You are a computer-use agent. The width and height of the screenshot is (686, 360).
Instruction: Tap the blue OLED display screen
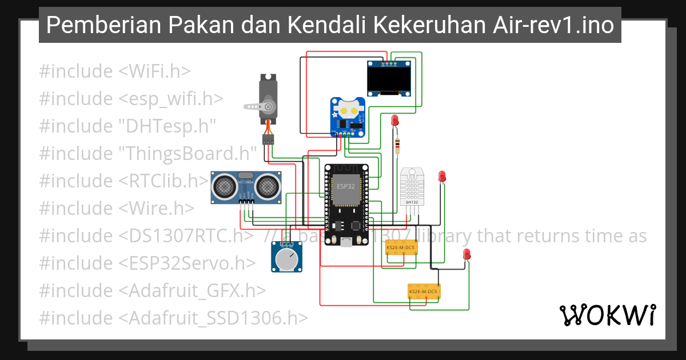pos(389,79)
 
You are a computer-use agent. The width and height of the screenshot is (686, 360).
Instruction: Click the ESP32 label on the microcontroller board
pos(345,187)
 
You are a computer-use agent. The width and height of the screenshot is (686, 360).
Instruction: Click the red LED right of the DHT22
pos(441,177)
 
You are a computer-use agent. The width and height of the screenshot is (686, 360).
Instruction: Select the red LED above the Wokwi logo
pos(466,254)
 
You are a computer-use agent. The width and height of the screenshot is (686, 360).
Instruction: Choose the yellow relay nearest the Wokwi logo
pos(424,292)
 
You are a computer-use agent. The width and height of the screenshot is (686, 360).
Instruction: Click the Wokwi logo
pos(608,315)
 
